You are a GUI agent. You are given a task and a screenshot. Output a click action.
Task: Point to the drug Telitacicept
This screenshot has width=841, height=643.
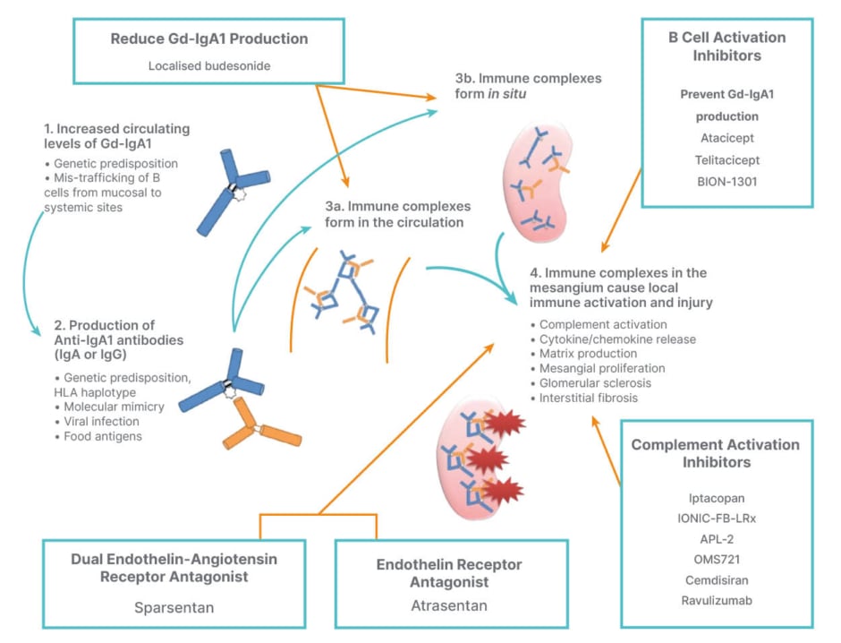click(726, 161)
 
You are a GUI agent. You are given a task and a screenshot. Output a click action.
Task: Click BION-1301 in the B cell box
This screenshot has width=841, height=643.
click(726, 184)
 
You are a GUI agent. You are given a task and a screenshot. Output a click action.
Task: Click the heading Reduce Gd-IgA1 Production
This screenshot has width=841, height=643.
click(209, 39)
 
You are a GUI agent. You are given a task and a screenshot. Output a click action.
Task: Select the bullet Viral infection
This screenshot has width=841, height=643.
click(101, 421)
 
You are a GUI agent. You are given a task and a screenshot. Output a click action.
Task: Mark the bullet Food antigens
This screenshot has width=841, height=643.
click(101, 436)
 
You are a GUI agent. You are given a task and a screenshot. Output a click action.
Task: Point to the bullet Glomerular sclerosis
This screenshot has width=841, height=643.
click(595, 382)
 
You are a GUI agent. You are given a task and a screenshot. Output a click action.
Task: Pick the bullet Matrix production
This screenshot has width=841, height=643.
click(588, 354)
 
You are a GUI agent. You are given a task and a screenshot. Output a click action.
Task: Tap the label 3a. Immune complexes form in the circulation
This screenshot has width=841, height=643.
click(394, 214)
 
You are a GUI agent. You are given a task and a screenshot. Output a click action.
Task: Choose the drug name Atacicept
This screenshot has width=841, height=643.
click(726, 139)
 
